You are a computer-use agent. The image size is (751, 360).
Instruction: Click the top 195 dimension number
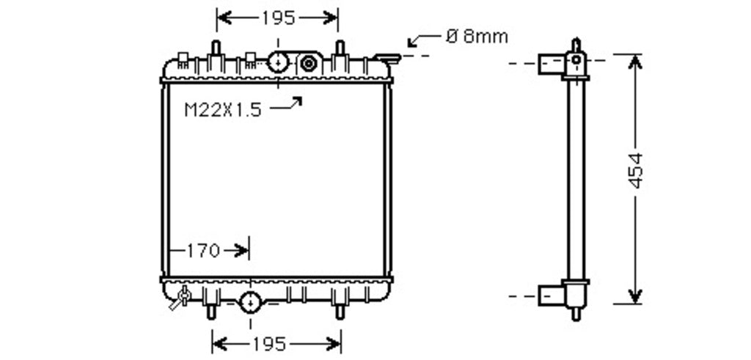(x=278, y=18)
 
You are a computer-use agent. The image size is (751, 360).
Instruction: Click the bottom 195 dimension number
(x=269, y=344)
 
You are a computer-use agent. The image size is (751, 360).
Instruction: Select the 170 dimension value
(x=203, y=250)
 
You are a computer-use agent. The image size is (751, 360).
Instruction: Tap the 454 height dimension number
(x=636, y=170)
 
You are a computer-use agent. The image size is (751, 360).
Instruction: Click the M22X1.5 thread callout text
(x=223, y=110)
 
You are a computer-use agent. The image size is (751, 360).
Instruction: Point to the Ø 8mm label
(x=477, y=37)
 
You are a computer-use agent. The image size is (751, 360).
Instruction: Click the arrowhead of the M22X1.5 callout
(x=297, y=100)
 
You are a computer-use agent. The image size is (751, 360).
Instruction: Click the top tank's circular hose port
(x=278, y=62)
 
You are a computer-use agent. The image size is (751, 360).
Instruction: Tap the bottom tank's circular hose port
(x=250, y=302)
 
